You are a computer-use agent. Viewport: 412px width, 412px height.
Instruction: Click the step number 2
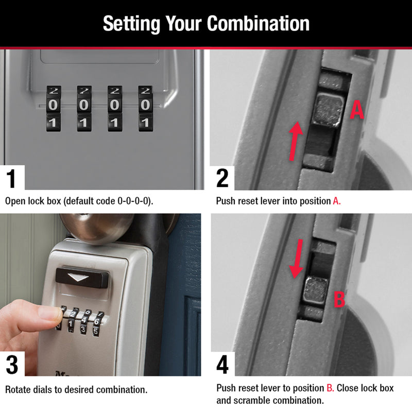tap(222, 178)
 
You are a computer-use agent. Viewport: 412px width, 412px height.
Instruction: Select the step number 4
tap(222, 365)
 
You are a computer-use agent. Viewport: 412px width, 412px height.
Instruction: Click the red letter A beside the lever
tap(357, 110)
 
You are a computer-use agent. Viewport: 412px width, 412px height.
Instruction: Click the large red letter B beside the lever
tap(339, 299)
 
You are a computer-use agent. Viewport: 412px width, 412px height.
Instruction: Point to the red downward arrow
tap(297, 257)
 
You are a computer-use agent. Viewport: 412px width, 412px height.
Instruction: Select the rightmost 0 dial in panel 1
tap(145, 105)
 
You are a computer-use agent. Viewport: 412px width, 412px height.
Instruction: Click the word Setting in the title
tap(132, 24)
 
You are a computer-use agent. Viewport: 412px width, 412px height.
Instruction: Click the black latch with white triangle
tap(82, 277)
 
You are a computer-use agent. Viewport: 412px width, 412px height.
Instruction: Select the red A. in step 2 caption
tap(337, 201)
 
